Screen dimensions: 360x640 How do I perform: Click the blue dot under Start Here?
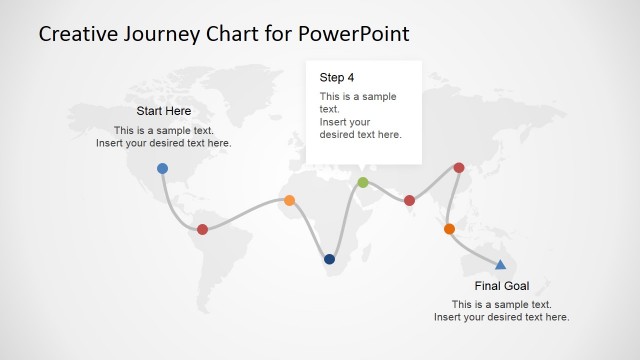click(162, 168)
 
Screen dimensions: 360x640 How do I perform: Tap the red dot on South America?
click(202, 229)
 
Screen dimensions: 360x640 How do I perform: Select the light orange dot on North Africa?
click(289, 200)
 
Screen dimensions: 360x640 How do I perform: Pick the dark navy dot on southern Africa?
click(329, 259)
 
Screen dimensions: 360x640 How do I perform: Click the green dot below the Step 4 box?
click(362, 182)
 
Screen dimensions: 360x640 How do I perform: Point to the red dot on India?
click(409, 201)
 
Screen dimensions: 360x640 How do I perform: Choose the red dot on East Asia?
click(458, 168)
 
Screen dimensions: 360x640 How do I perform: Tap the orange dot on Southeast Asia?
click(449, 229)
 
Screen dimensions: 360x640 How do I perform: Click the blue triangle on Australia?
click(500, 264)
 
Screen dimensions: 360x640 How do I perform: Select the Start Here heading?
click(163, 111)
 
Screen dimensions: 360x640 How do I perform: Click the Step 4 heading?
click(337, 77)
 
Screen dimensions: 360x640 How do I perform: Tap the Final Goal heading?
click(501, 285)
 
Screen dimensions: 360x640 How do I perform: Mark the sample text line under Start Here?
click(163, 130)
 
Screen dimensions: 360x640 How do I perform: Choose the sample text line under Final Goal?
click(501, 304)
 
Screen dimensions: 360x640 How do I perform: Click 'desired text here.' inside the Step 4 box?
click(360, 134)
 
